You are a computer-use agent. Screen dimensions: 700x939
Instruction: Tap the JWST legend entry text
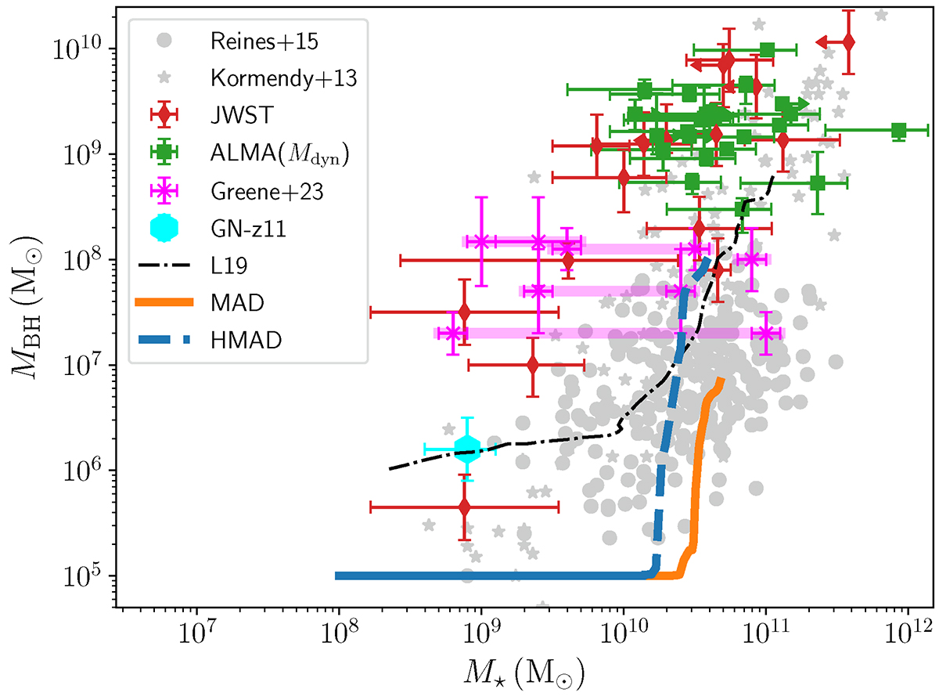point(233,115)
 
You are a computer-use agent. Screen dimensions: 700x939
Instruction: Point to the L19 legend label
point(228,265)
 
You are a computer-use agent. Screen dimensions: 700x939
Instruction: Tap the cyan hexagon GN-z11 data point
point(466,448)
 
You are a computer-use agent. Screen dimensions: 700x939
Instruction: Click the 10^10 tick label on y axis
point(85,49)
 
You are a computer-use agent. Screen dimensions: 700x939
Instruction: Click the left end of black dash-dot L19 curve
point(390,468)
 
